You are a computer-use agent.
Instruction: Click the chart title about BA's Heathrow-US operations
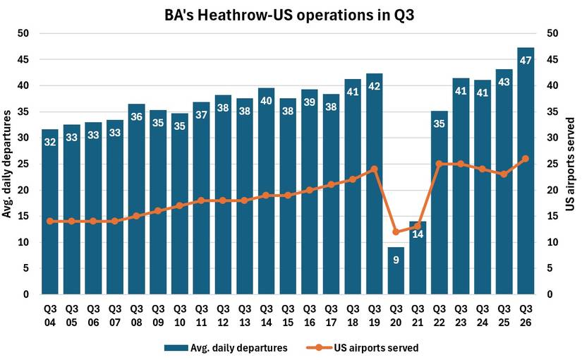click(x=291, y=14)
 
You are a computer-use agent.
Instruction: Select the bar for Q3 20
click(x=396, y=271)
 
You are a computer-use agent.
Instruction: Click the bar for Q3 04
click(x=49, y=212)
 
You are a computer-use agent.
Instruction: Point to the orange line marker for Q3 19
click(x=375, y=169)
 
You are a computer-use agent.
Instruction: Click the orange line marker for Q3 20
click(x=396, y=232)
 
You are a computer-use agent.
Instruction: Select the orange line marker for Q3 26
click(x=526, y=159)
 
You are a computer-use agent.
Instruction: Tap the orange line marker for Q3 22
click(x=439, y=164)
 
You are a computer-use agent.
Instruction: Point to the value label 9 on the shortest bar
click(x=396, y=260)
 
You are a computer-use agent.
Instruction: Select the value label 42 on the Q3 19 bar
click(x=375, y=88)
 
